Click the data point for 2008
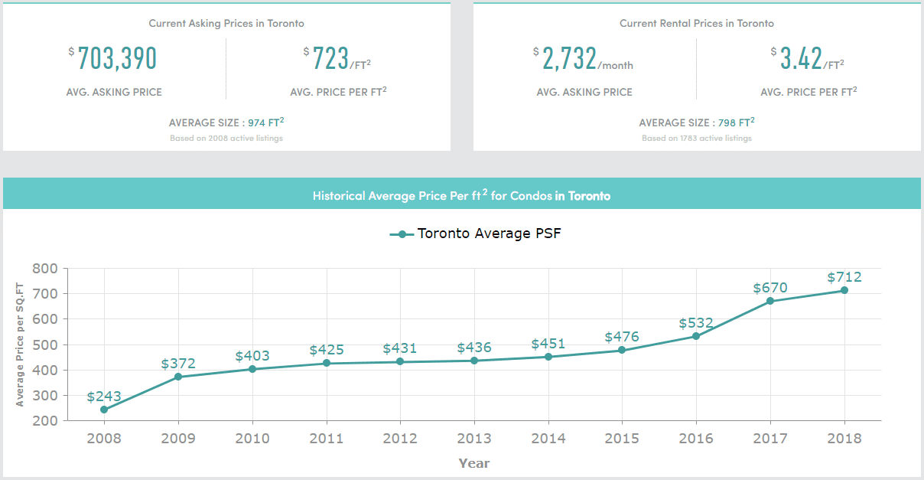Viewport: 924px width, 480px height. (104, 410)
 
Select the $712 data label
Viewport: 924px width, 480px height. (844, 276)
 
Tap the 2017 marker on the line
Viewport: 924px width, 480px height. (770, 301)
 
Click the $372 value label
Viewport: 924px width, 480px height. (178, 364)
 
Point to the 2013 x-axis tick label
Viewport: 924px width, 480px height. (474, 439)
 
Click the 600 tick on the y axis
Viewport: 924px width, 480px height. (46, 319)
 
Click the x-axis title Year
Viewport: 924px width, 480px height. (474, 463)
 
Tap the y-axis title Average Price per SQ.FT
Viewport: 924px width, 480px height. (21, 344)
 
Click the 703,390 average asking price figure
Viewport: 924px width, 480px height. (116, 58)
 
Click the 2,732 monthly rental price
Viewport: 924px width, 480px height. (569, 58)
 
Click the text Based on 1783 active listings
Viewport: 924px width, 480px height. (697, 139)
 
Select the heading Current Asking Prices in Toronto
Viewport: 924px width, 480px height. (226, 24)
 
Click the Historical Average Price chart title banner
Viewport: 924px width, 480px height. (461, 195)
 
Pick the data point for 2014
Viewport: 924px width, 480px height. (548, 357)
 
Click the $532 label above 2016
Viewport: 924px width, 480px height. (696, 323)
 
